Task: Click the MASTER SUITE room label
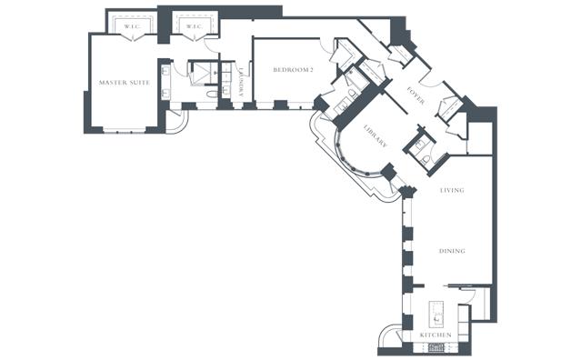pyautogui.click(x=125, y=83)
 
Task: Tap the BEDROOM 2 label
pyautogui.click(x=293, y=70)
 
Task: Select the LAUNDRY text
pyautogui.click(x=241, y=82)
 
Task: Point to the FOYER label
pyautogui.click(x=416, y=95)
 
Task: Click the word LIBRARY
pyautogui.click(x=376, y=136)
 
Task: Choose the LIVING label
pyautogui.click(x=452, y=190)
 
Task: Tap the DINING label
pyautogui.click(x=452, y=251)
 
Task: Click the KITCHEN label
pyautogui.click(x=436, y=335)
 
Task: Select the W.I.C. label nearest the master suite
pyautogui.click(x=132, y=26)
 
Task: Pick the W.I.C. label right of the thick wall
pyautogui.click(x=194, y=26)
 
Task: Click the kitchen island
pyautogui.click(x=436, y=315)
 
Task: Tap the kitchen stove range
pyautogui.click(x=436, y=347)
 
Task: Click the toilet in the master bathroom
pyautogui.click(x=213, y=94)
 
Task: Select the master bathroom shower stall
pyautogui.click(x=203, y=73)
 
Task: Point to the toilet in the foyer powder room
pyautogui.click(x=426, y=160)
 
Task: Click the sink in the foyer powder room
pyautogui.click(x=420, y=145)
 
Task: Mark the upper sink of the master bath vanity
pyautogui.click(x=165, y=70)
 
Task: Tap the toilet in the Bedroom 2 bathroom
pyautogui.click(x=353, y=94)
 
